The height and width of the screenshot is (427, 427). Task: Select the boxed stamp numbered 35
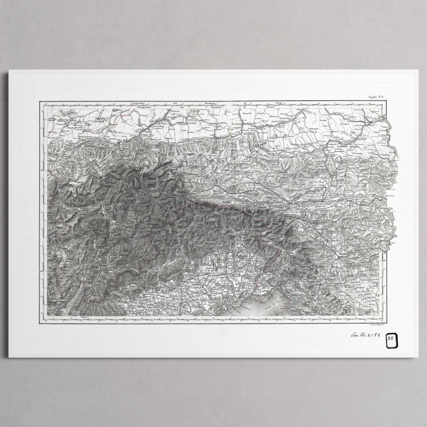pyautogui.click(x=390, y=338)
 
